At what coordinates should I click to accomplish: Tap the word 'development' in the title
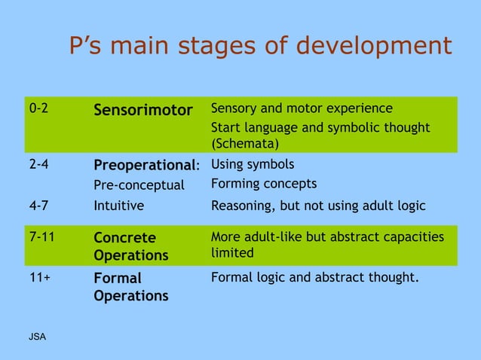coord(373,46)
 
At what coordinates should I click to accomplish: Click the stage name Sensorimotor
coord(142,111)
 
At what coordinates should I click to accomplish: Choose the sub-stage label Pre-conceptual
coord(139,185)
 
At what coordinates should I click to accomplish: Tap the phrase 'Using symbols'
coord(253,164)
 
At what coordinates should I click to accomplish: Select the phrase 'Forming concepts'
coord(264,184)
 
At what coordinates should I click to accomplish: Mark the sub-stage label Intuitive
coord(118,204)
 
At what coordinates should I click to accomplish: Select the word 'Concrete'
coord(124,238)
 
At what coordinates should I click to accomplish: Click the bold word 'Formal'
coord(118,278)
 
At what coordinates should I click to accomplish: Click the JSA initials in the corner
coord(37,336)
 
